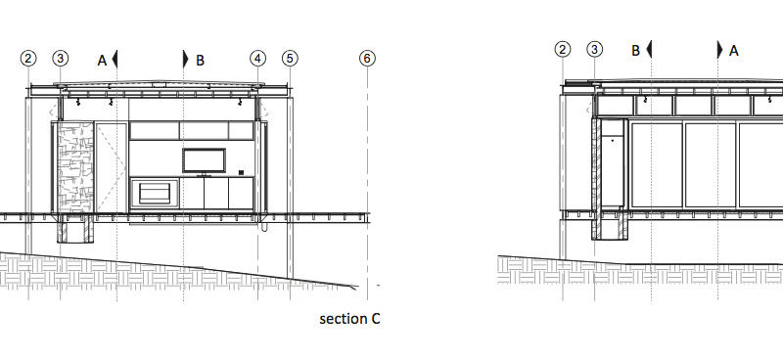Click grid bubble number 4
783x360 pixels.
pyautogui.click(x=257, y=59)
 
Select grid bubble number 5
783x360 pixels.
pyautogui.click(x=290, y=59)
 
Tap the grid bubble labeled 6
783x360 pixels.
pyautogui.click(x=367, y=59)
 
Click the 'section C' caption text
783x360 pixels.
pyautogui.click(x=349, y=319)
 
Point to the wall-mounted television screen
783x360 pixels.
pyautogui.click(x=204, y=160)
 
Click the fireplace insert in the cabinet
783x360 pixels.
pyautogui.click(x=155, y=194)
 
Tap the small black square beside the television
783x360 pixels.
pyautogui.click(x=241, y=173)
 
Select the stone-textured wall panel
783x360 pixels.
pyautogui.click(x=75, y=167)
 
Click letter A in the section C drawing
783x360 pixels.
pyautogui.click(x=102, y=61)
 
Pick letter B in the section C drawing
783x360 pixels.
pyautogui.click(x=200, y=61)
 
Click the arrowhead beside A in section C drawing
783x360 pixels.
pyautogui.click(x=115, y=59)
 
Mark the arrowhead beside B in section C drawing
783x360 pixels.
pyautogui.click(x=186, y=59)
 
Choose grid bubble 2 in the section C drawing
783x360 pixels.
pyautogui.click(x=28, y=59)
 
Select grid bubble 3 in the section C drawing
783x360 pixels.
pyautogui.click(x=61, y=59)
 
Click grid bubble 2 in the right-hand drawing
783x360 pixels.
pyautogui.click(x=563, y=50)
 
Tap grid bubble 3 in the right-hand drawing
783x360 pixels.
pyautogui.click(x=594, y=50)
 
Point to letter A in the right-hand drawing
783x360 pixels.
pyautogui.click(x=733, y=51)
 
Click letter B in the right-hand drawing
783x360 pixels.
pyautogui.click(x=635, y=51)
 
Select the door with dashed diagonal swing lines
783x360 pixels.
pyautogui.click(x=111, y=167)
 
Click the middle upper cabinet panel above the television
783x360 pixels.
pyautogui.click(x=204, y=131)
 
